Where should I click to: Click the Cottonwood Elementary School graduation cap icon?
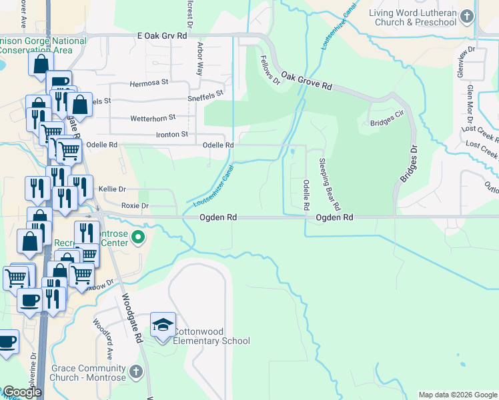pos(163,325)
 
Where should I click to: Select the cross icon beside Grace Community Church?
pos(135,372)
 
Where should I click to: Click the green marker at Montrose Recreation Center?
pos(138,237)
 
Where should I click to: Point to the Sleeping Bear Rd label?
pos(330,183)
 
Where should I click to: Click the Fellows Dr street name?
pos(270,71)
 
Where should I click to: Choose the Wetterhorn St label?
pos(153,117)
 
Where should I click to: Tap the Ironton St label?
pos(168,134)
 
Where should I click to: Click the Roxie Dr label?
pos(135,205)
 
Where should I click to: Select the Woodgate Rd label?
pos(133,319)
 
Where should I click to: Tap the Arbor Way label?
pos(199,59)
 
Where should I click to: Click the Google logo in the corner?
pos(21,392)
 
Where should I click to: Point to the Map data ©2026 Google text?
pos(457,395)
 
